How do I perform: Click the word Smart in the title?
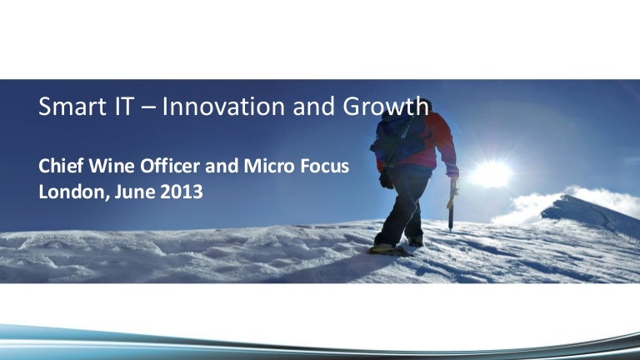click(72, 106)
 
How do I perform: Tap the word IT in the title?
click(122, 106)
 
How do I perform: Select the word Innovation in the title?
click(223, 106)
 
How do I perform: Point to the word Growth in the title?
click(386, 107)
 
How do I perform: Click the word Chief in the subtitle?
click(61, 166)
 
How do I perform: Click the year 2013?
click(181, 192)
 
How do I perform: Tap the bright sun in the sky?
click(491, 173)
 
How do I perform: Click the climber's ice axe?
click(451, 204)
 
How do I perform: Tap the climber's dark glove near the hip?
click(386, 180)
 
